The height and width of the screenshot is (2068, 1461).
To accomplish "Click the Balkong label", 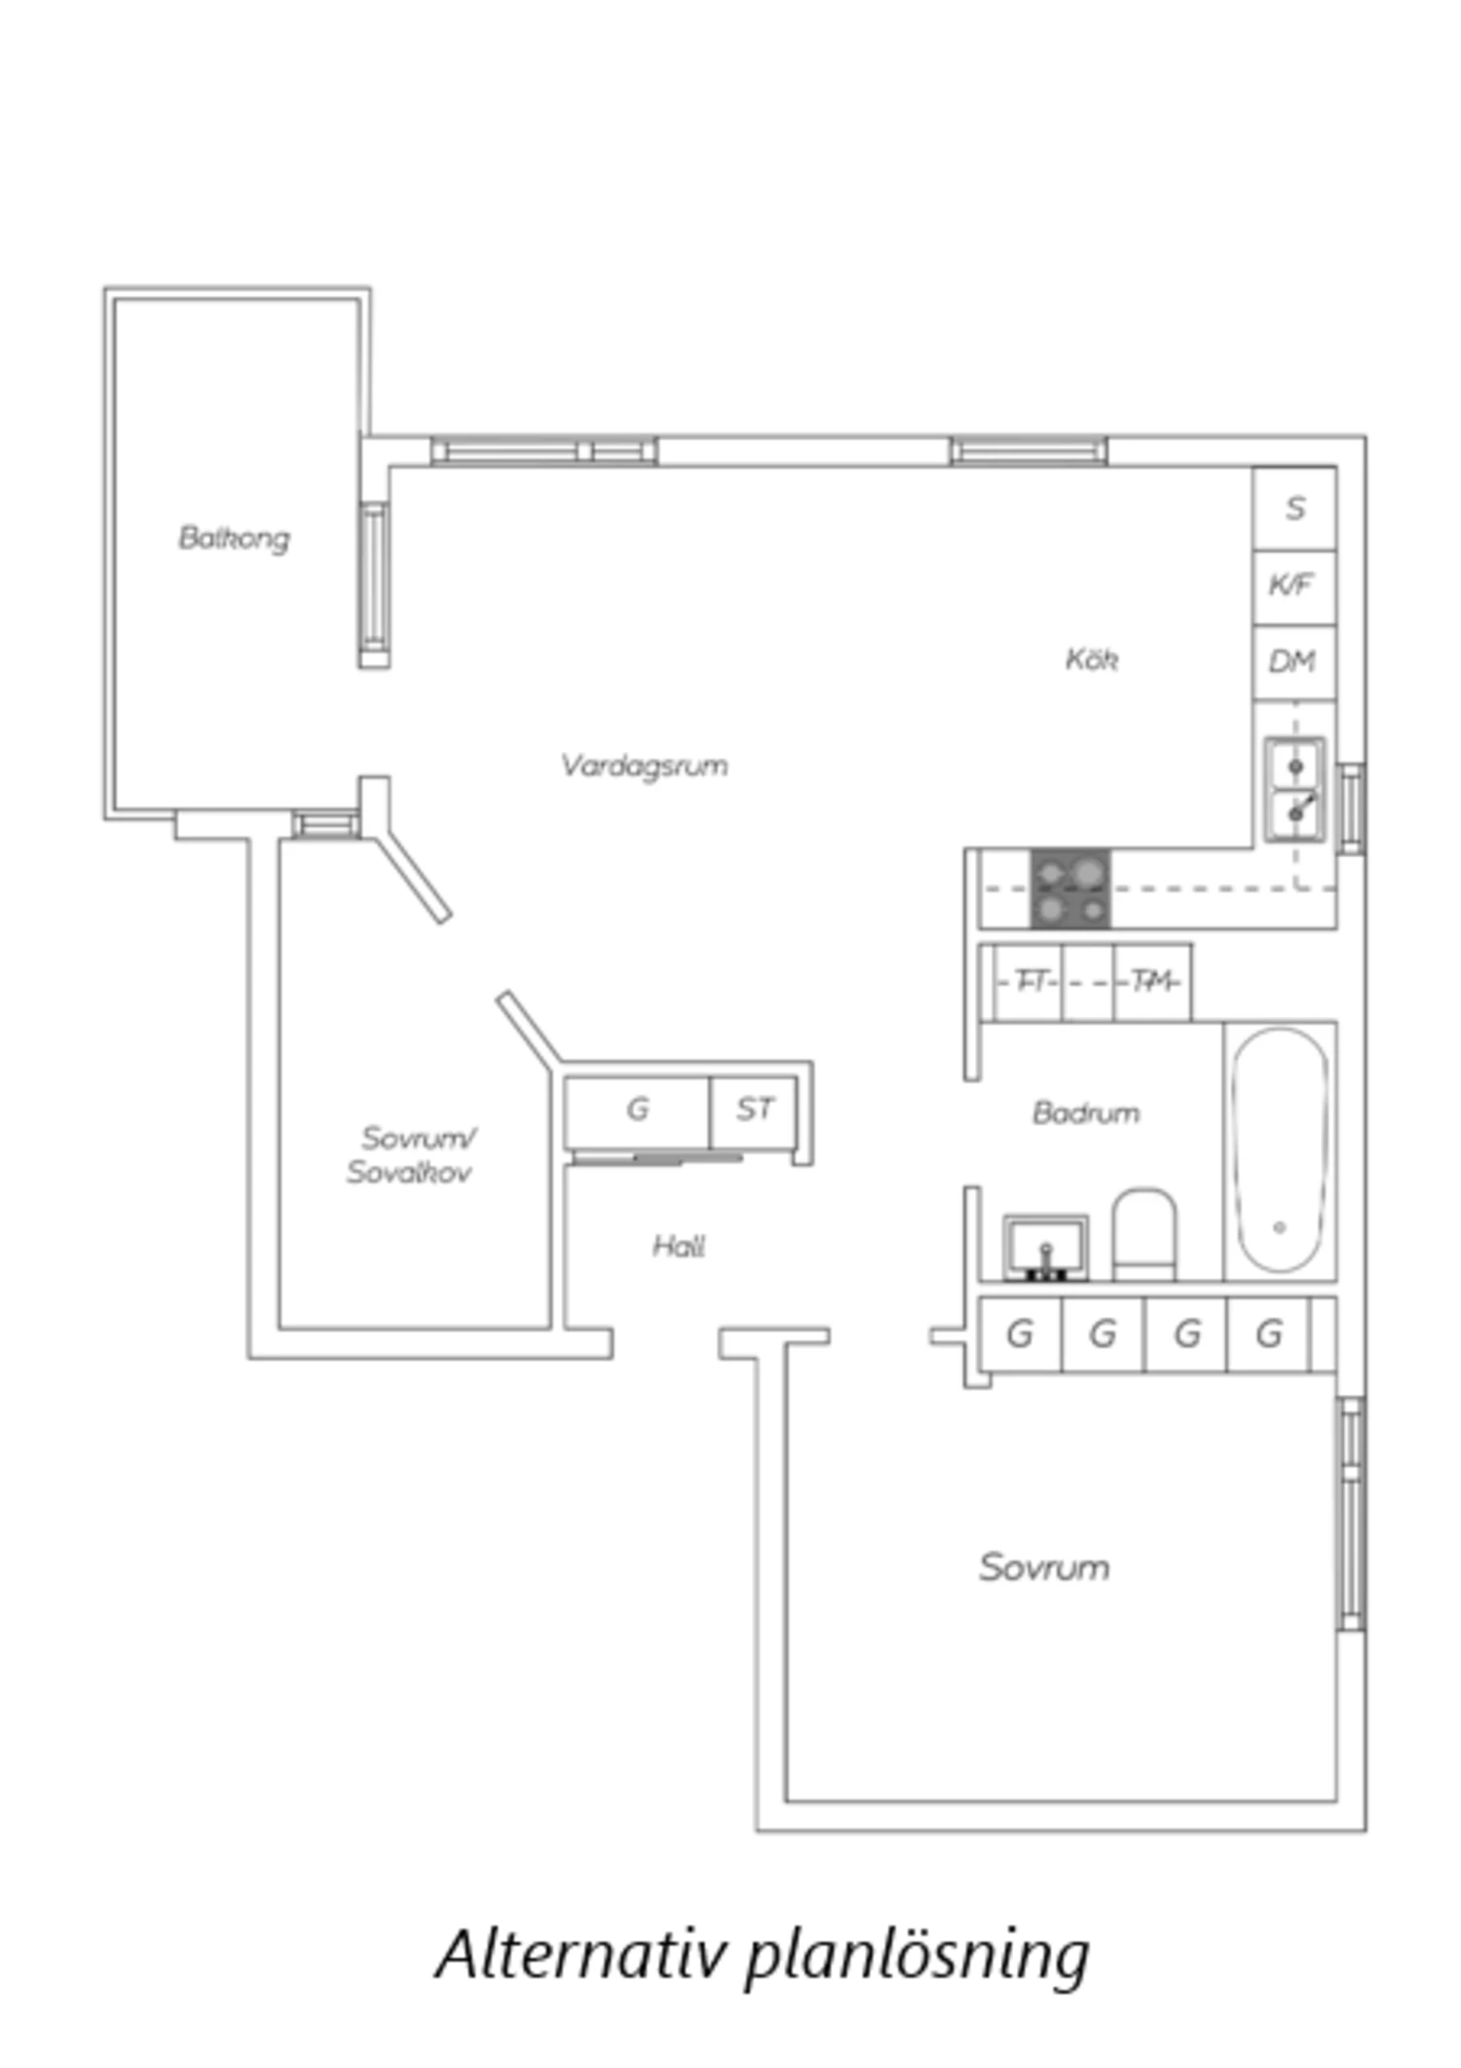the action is (234, 538).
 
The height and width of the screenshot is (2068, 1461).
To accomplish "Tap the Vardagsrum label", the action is (644, 766).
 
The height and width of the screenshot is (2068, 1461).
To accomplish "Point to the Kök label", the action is (1091, 659).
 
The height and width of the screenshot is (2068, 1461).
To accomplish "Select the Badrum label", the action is (1086, 1112).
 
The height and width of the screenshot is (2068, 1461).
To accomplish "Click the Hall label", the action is (679, 1246).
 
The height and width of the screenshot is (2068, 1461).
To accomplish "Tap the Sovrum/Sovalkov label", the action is (411, 1154).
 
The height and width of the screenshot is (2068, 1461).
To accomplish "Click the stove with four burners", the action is (1070, 888).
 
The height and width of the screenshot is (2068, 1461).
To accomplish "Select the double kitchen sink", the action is (1295, 789).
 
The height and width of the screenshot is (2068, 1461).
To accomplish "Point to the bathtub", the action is (1280, 1150).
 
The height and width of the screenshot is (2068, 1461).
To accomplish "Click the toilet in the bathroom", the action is (1144, 1233).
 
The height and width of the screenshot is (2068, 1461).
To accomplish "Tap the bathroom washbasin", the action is (1046, 1247).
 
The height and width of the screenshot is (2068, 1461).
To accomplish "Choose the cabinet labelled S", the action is (1294, 508).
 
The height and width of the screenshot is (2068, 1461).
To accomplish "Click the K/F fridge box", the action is (1294, 586).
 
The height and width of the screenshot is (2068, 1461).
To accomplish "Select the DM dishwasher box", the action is (1294, 662).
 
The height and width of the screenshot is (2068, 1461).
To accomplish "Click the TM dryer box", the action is (1152, 982).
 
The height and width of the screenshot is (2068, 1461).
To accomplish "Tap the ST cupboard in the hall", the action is (754, 1111).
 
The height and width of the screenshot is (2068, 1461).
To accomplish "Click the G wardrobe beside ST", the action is (638, 1111).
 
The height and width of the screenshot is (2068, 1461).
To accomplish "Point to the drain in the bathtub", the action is (1280, 1227).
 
